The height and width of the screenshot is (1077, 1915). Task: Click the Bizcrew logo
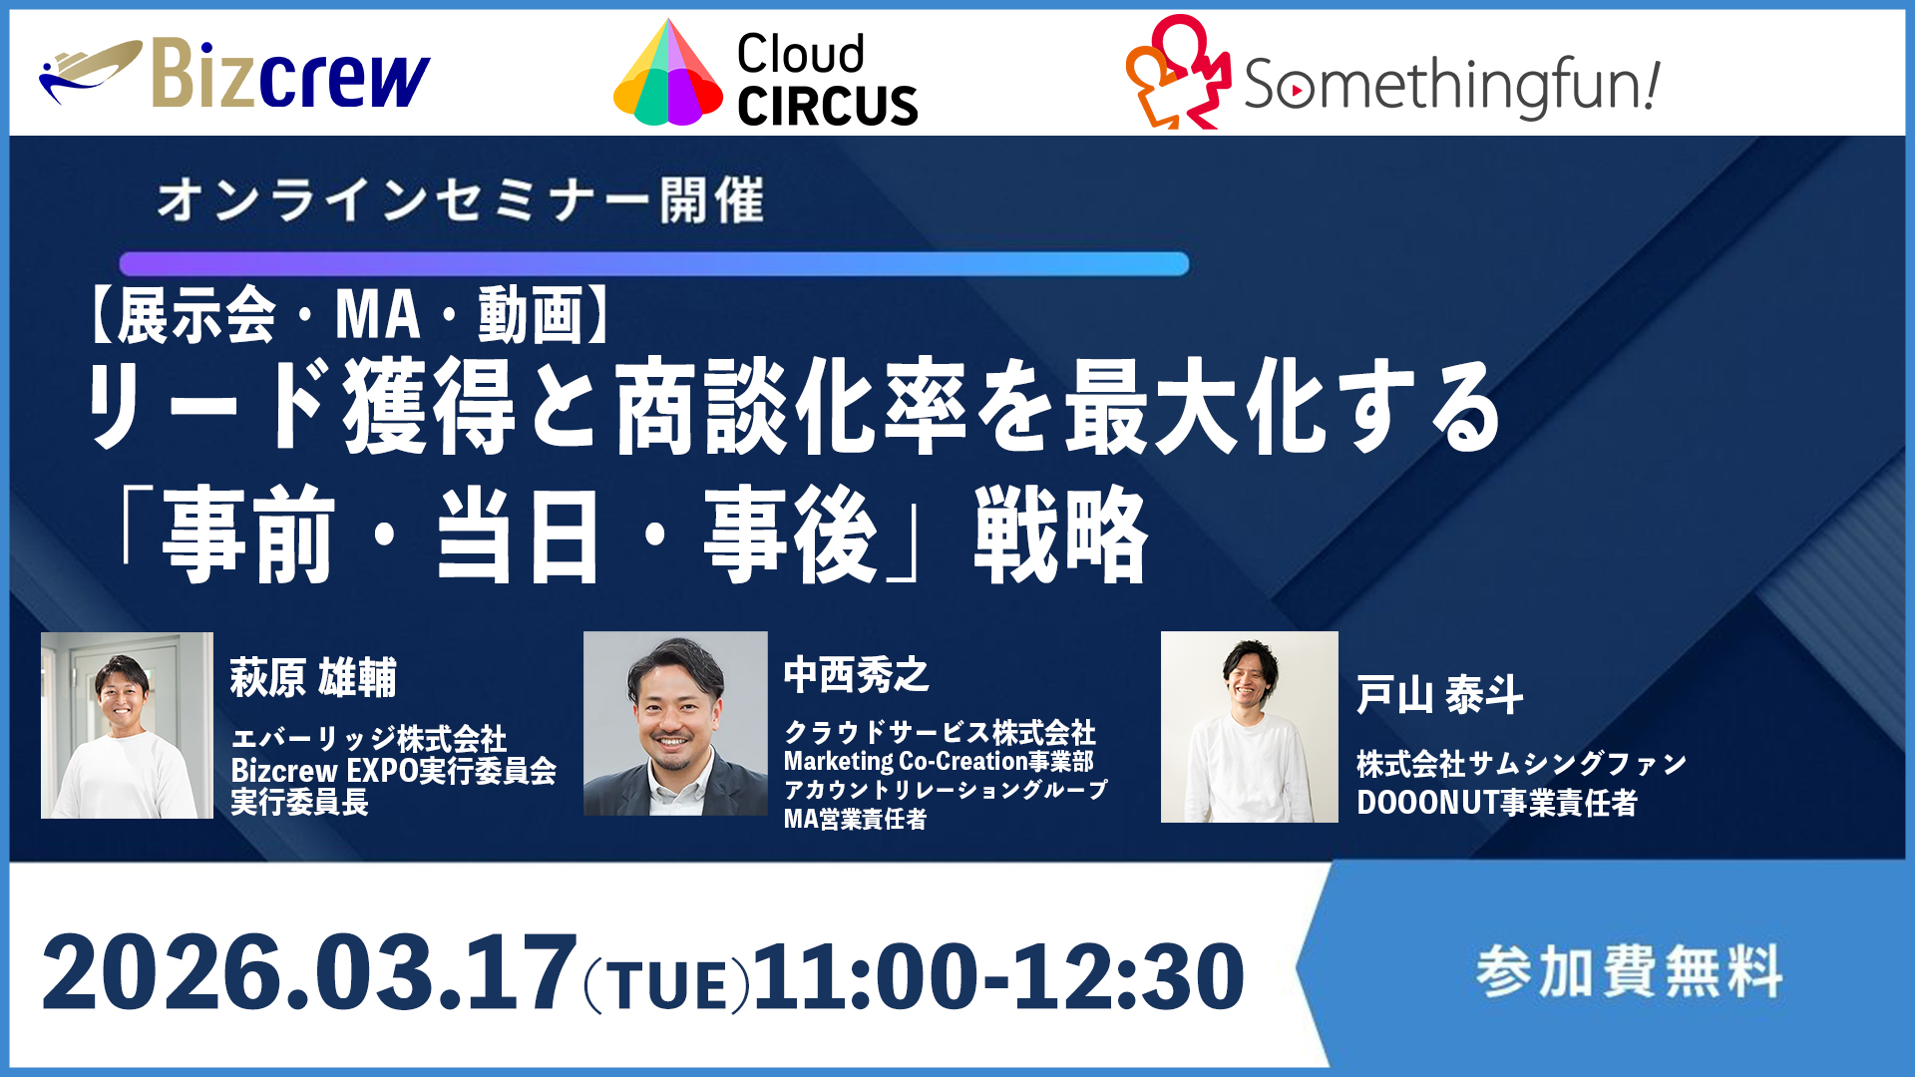point(235,74)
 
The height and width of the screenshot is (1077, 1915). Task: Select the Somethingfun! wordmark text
point(1451,84)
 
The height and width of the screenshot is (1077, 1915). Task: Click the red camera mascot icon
point(1178,72)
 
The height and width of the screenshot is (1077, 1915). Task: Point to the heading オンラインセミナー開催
point(460,200)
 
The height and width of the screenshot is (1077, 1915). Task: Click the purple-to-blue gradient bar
point(653,264)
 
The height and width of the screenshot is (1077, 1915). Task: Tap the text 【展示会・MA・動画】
point(350,315)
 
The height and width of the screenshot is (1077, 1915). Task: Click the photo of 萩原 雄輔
point(127,725)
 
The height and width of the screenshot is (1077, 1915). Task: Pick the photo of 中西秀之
point(675,723)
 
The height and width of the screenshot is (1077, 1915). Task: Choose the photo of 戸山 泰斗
point(1249,726)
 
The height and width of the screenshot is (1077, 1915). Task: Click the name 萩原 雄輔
point(313,678)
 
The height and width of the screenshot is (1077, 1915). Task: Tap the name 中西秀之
point(856,675)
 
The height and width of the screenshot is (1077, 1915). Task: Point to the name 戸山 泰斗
point(1439,694)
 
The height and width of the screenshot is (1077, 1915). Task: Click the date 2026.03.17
point(309,973)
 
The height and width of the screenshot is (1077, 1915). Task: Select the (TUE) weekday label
point(665,986)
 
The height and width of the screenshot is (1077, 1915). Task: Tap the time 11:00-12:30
point(997,975)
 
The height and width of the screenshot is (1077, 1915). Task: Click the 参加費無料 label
point(1628,971)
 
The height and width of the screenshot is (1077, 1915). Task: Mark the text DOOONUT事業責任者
point(1496,802)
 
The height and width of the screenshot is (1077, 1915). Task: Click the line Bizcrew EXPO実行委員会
point(393,771)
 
